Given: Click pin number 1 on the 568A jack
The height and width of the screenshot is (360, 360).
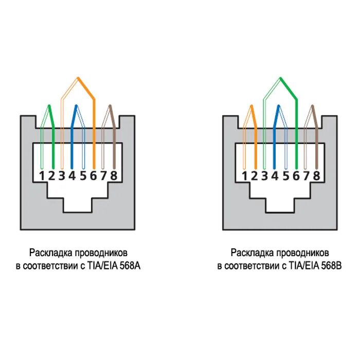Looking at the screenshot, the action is [x=42, y=176].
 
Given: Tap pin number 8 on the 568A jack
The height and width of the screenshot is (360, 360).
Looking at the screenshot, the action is [x=114, y=176].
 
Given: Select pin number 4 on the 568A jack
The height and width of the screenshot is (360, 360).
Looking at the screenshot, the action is [x=72, y=176].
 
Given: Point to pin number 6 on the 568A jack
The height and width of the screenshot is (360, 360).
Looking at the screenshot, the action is [x=93, y=176].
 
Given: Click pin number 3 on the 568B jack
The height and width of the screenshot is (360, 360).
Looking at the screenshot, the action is [x=264, y=176].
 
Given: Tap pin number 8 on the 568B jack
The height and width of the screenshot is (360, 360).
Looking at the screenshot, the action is [x=317, y=176].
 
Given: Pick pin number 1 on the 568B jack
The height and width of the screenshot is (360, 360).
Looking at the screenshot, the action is [x=244, y=176].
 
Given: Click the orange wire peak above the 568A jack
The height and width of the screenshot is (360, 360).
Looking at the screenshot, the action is [x=78, y=79].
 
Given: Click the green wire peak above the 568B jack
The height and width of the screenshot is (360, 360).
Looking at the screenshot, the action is [x=280, y=79].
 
